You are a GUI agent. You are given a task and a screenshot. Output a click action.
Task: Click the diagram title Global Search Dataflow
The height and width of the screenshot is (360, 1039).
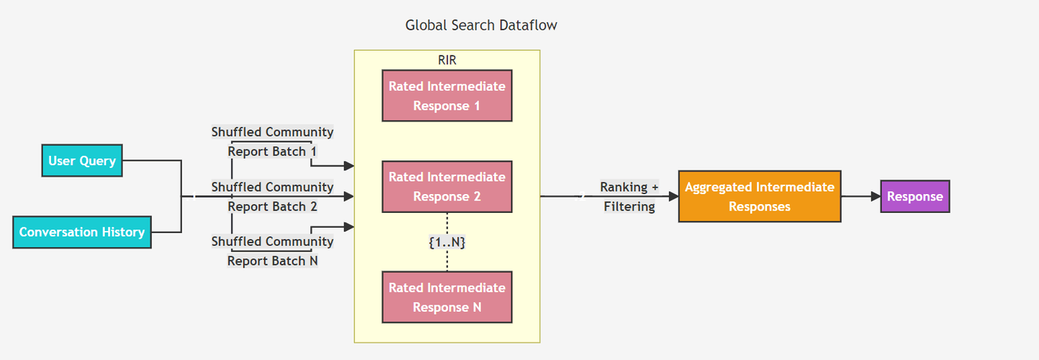point(481,25)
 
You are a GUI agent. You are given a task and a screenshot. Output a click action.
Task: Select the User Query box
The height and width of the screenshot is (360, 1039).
point(82,161)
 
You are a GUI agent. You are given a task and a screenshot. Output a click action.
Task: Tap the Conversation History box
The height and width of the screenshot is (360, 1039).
point(82,232)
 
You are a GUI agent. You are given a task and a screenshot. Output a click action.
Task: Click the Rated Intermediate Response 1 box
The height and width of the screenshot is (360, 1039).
point(447,96)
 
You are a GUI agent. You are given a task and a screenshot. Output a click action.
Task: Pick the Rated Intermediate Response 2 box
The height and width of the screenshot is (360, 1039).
point(447,187)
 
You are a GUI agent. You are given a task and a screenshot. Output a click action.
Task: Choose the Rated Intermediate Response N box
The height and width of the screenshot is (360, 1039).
point(447,297)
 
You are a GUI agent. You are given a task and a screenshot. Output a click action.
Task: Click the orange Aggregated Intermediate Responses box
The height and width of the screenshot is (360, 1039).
point(759,196)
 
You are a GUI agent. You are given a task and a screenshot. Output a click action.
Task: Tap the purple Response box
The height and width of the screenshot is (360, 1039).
point(915,196)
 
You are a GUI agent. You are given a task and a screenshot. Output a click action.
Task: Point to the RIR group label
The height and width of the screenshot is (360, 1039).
point(447,60)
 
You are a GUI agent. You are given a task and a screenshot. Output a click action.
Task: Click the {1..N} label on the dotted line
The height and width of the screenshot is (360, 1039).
point(447,242)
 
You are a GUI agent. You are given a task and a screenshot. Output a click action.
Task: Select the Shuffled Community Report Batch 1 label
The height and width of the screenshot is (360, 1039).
point(272,142)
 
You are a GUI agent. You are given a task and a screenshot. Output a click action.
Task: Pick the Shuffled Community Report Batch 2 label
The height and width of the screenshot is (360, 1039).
point(272,197)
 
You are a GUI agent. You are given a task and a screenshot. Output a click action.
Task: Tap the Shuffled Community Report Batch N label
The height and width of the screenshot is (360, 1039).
point(272,251)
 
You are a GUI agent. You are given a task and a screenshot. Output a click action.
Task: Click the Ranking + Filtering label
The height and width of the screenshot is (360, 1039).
point(629,197)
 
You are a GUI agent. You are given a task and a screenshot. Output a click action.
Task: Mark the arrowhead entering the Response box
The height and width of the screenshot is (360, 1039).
point(875,196)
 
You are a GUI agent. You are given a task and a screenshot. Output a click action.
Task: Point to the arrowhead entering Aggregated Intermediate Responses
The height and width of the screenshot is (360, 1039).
point(673,196)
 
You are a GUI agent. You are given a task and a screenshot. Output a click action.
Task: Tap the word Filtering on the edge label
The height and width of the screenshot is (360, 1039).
point(629,207)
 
